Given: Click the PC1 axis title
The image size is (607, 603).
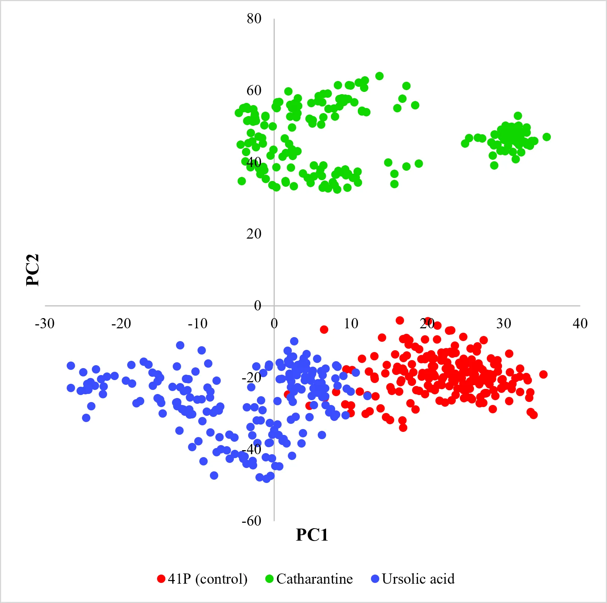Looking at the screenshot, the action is click(x=312, y=535).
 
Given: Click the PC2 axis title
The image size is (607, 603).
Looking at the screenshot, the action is click(x=32, y=270).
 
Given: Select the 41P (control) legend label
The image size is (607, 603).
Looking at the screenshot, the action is click(x=207, y=579).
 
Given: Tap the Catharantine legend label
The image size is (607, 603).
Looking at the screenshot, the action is click(x=314, y=579).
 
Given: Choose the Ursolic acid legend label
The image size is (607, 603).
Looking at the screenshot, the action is click(x=418, y=579).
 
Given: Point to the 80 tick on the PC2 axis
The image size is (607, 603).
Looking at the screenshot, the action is click(x=254, y=18).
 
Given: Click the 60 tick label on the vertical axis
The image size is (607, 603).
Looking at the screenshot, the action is click(x=254, y=90).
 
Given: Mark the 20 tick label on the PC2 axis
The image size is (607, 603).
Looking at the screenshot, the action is click(x=254, y=233).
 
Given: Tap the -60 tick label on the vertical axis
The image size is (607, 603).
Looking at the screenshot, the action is click(x=251, y=521).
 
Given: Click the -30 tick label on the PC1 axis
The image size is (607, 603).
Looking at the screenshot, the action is click(x=44, y=323).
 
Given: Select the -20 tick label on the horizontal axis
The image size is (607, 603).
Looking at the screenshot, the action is click(x=121, y=323).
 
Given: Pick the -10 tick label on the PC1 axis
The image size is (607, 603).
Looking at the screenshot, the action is click(x=197, y=323).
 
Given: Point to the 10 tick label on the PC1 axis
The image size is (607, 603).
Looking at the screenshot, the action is click(x=351, y=323).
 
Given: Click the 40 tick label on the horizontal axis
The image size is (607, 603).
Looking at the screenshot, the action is click(x=580, y=323).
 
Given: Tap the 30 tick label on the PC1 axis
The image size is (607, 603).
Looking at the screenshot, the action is click(x=504, y=323).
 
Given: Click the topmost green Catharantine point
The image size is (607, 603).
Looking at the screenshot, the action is click(x=379, y=76).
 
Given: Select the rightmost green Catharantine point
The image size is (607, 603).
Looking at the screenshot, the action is click(x=547, y=137).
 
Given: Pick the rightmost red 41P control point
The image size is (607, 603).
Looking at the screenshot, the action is click(x=543, y=374).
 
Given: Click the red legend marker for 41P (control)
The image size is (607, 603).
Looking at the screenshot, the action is click(x=161, y=579).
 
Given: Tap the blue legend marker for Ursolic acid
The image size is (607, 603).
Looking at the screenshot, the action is click(x=375, y=579).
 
